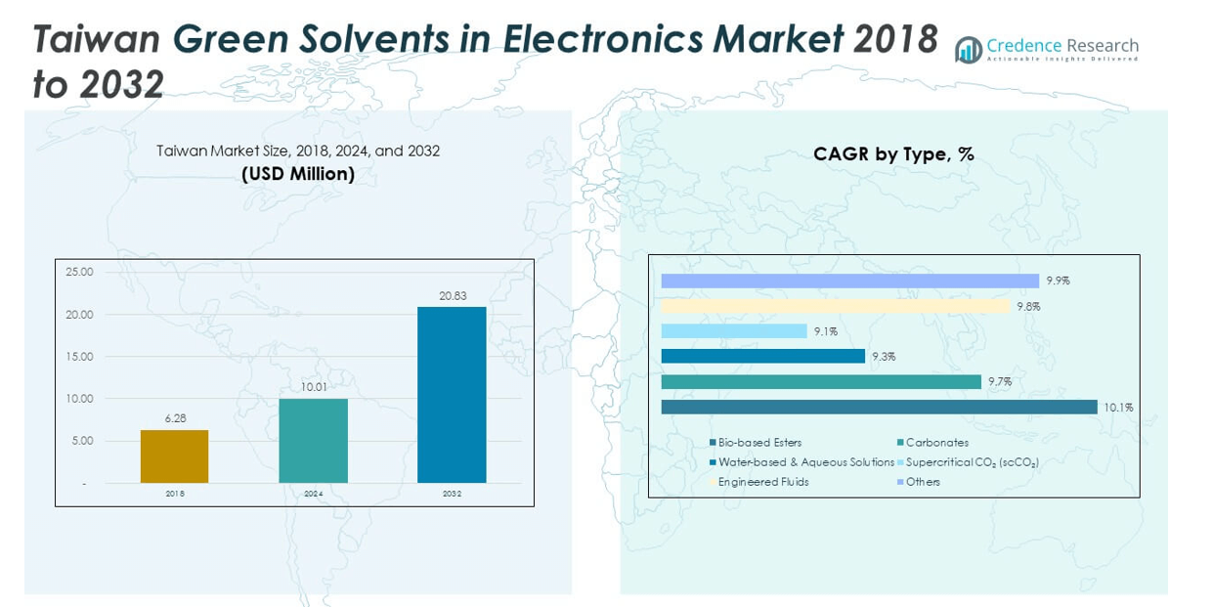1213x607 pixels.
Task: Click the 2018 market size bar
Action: tap(174, 456)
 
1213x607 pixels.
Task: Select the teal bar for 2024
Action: tap(313, 441)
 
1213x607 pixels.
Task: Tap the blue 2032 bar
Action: tap(452, 395)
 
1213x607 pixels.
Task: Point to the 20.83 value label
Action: tap(452, 295)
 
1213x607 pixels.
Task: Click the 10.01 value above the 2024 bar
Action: tap(313, 387)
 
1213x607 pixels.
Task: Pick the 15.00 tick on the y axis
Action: tap(80, 357)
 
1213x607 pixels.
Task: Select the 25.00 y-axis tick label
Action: tap(80, 272)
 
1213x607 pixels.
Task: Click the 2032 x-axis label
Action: tap(452, 494)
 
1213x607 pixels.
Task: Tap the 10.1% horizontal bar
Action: tap(879, 407)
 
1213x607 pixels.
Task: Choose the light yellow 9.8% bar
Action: tap(835, 306)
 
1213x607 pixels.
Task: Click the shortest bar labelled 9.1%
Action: tap(734, 331)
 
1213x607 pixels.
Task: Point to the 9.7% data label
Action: tap(1000, 382)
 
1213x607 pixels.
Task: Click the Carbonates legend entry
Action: tap(936, 443)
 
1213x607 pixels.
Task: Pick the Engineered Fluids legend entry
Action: tap(762, 482)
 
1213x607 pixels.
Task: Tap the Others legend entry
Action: tap(922, 482)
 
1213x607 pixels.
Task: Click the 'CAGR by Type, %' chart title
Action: tap(893, 153)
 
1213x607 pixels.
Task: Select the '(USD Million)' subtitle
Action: tap(298, 174)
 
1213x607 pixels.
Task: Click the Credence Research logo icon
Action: tap(968, 50)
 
